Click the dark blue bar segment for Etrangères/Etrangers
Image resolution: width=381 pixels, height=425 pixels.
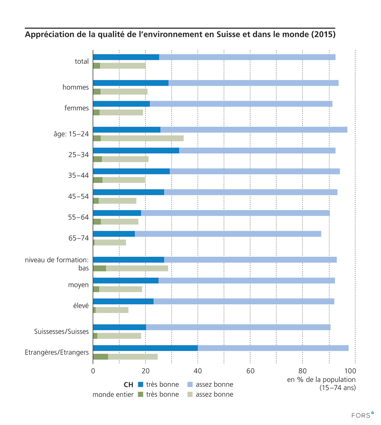point(145,348)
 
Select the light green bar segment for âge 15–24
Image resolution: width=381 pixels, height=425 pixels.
point(142,138)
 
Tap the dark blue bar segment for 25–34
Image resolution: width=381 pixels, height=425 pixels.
point(136,150)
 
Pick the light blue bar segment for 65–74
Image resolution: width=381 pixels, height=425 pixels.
point(228,234)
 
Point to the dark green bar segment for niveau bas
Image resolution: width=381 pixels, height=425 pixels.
point(99,268)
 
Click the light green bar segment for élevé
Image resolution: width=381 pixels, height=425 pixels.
point(112,310)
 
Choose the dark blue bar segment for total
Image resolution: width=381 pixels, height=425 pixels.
point(126,57)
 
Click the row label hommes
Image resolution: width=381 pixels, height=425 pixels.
point(75,87)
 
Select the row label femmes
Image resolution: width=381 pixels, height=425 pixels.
point(76,108)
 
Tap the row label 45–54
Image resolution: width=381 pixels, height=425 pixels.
point(79,196)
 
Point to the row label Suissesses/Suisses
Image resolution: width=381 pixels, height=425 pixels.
point(61,332)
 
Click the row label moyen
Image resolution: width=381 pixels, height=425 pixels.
point(78,285)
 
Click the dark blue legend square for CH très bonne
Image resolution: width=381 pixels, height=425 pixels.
point(140,385)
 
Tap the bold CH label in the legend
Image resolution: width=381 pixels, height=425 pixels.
point(128,385)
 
